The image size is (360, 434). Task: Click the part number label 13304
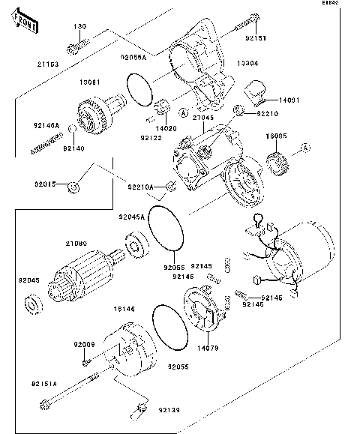tap(250, 64)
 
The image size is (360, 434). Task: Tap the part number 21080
tap(76, 244)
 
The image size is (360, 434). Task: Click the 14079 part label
tap(209, 347)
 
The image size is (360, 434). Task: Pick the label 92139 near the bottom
tap(169, 410)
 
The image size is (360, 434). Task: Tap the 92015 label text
tap(44, 183)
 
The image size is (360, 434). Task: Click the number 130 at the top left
tap(79, 26)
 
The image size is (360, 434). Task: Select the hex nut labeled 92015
tap(72, 185)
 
